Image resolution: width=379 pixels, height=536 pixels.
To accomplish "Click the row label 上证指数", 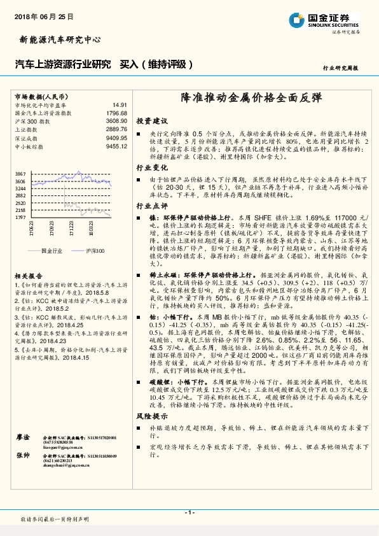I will tap(25, 129).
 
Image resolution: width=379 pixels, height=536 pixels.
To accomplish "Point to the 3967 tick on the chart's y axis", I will tap(20, 174).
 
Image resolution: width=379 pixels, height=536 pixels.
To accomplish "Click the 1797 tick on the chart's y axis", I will tap(20, 217).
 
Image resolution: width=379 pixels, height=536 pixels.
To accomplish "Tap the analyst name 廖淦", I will tap(22, 437).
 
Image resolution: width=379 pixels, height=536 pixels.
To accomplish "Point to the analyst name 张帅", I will tap(22, 455).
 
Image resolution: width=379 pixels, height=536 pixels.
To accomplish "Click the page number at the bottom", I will tap(189, 512).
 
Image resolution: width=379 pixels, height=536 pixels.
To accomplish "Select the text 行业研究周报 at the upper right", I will tap(341, 67).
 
